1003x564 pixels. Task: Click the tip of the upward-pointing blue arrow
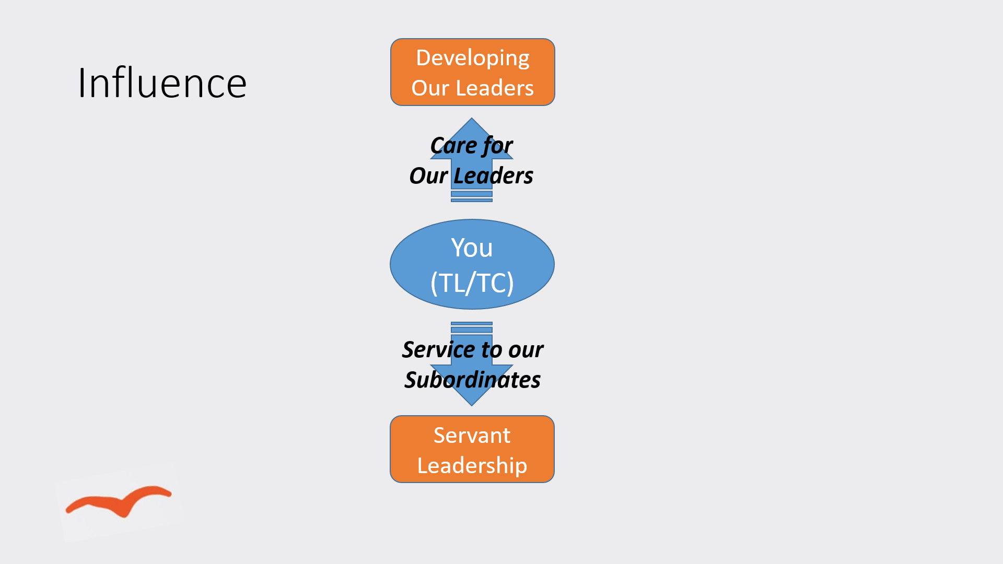[472, 118]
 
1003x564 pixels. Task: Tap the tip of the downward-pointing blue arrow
[472, 406]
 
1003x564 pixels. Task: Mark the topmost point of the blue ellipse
[472, 219]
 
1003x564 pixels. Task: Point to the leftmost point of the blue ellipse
[390, 264]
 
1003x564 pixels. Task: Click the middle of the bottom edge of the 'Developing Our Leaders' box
[473, 105]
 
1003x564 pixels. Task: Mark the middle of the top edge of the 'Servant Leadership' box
[472, 416]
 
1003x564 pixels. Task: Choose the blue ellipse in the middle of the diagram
[472, 264]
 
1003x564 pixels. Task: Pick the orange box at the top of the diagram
[473, 72]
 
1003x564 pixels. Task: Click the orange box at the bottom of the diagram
[472, 449]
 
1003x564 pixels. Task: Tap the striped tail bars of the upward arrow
[472, 196]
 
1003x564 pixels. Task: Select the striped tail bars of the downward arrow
[472, 327]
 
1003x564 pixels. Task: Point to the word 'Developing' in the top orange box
[473, 58]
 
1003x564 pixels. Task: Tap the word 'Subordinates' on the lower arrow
[473, 380]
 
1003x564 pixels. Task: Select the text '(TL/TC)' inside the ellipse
[472, 283]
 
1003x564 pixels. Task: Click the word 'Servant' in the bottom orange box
[472, 435]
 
